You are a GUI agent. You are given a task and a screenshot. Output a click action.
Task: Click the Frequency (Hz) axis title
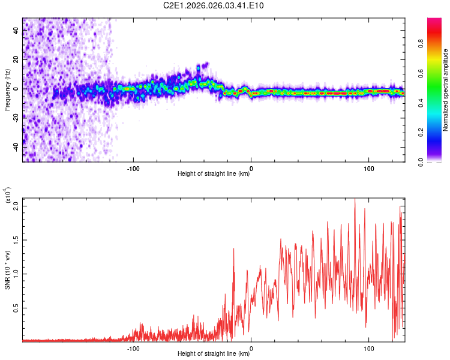8,90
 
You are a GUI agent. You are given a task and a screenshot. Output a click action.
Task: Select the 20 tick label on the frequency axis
16,59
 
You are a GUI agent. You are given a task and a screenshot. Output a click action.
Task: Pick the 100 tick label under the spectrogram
368,169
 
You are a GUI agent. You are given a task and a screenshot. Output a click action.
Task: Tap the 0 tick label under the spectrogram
251,169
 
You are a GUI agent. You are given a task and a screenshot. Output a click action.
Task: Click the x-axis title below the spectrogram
214,175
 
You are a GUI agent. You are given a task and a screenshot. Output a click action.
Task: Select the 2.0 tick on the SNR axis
16,206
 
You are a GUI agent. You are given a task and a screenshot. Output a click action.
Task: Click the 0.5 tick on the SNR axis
16,308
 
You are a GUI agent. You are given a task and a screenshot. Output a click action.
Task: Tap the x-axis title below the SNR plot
214,354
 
